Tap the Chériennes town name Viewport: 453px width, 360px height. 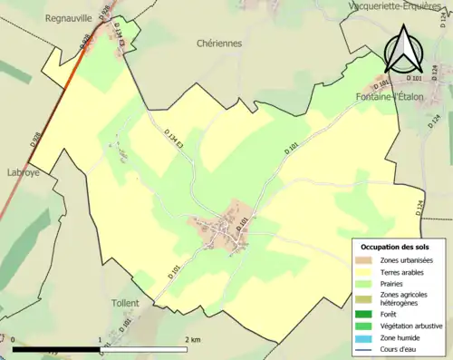tap(221, 43)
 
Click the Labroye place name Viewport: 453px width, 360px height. tap(20, 170)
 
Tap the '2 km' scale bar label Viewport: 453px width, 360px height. tap(192, 339)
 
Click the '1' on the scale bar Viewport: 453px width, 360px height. tap(100, 339)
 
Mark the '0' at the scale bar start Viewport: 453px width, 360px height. tap(13, 339)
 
